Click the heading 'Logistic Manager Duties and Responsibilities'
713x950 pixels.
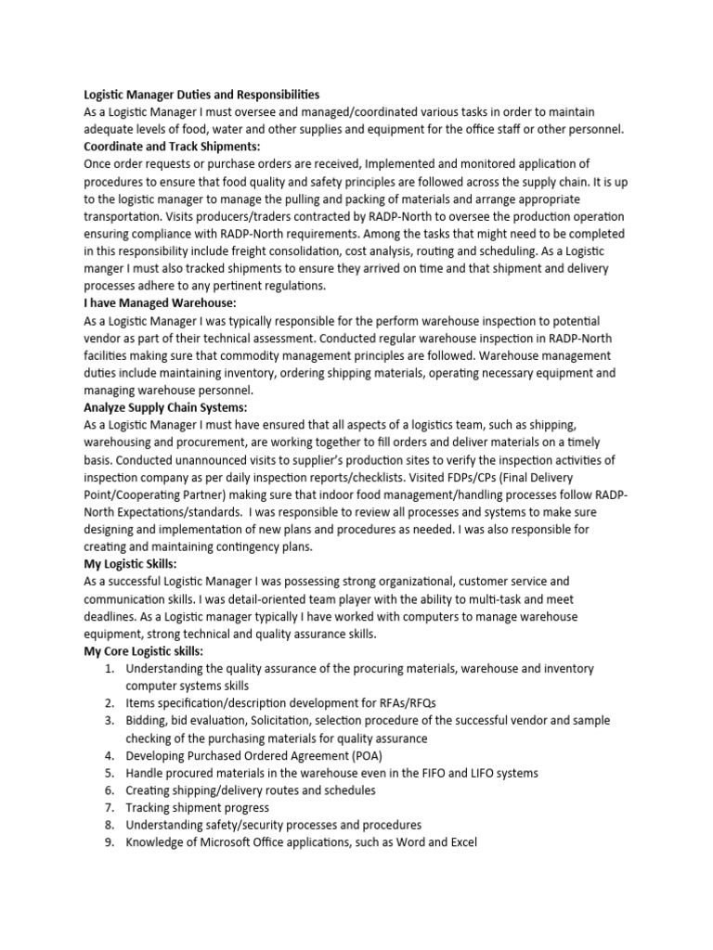point(201,95)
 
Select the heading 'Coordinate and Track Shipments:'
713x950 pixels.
point(172,147)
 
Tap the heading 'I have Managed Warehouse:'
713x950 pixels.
point(160,303)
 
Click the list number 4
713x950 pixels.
point(108,756)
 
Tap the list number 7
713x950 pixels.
point(108,808)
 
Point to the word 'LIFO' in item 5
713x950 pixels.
point(474,774)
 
